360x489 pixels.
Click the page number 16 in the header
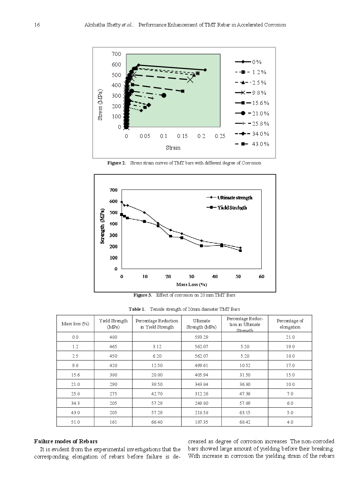[37, 25]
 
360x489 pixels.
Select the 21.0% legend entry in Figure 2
[252, 114]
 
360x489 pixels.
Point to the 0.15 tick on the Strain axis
[182, 136]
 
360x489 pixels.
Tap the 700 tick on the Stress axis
[116, 54]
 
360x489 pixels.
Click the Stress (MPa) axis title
[100, 105]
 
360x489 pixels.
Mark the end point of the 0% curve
[205, 70]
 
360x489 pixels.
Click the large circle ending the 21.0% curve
[164, 95]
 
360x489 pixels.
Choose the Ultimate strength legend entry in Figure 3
[230, 197]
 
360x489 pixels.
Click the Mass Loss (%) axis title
[191, 285]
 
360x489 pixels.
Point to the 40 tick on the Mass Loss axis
[215, 277]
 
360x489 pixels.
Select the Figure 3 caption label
[143, 295]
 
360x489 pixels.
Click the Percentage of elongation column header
[290, 324]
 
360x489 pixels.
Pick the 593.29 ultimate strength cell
[201, 337]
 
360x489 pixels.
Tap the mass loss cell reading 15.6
[75, 375]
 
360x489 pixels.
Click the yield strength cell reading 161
[113, 422]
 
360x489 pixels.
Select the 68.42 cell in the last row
[245, 422]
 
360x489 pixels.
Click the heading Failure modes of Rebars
[66, 441]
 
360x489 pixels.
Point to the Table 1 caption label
[137, 309]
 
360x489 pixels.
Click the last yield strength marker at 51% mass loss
[240, 250]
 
